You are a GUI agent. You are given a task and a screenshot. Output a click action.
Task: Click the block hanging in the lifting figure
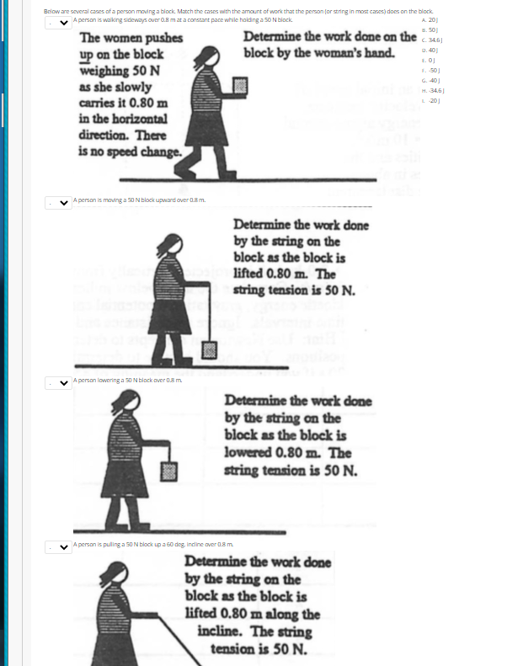tap(209, 347)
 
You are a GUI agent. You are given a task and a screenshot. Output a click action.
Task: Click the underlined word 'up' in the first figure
tap(88, 54)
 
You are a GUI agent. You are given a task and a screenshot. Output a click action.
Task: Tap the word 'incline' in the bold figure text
tap(221, 631)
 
